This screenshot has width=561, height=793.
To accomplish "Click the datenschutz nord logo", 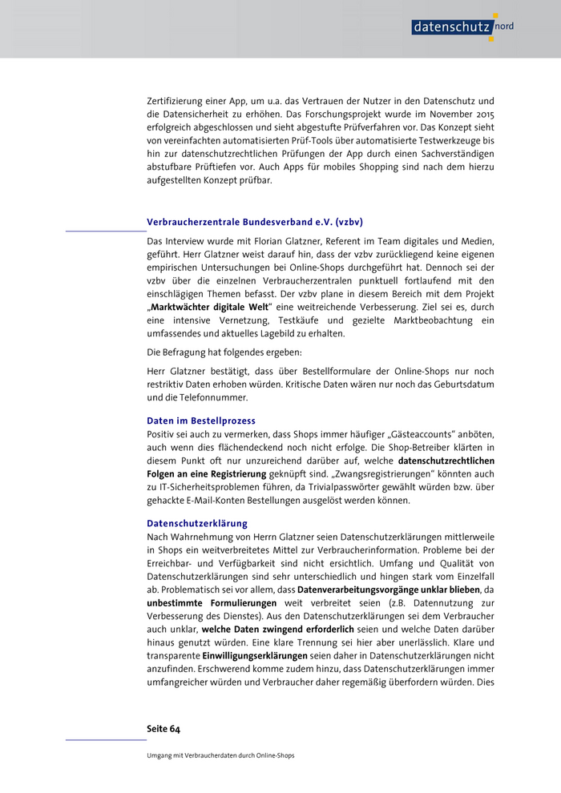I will click(x=463, y=26).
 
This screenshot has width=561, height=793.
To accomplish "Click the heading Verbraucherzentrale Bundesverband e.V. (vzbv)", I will click(x=255, y=222).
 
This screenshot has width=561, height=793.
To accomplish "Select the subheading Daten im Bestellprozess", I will click(x=201, y=421).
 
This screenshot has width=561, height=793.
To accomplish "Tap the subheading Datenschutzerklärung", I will click(x=197, y=523).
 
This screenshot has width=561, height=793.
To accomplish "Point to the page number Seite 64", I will click(x=163, y=729).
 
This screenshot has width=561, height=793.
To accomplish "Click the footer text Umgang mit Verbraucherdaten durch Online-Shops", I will click(x=221, y=755).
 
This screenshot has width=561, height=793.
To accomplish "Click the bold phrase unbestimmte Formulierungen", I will click(x=212, y=602).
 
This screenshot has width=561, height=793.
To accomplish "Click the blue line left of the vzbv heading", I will click(x=106, y=231).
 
